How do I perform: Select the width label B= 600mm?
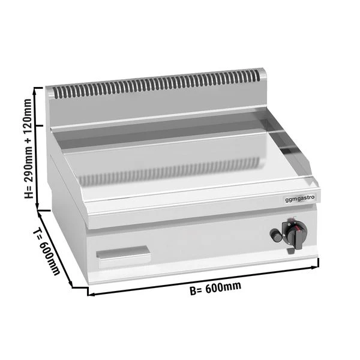(x=215, y=287)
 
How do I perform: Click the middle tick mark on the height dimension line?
(x=40, y=125)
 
